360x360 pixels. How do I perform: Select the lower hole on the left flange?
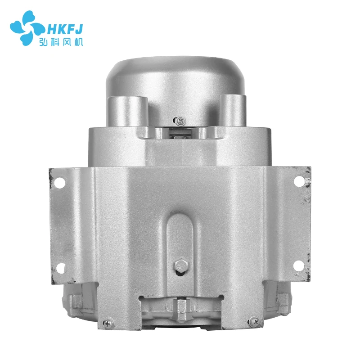coord(62,269)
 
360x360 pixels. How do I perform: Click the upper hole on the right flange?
coord(298,181)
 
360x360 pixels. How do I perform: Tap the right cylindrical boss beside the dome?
coord(234,110)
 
